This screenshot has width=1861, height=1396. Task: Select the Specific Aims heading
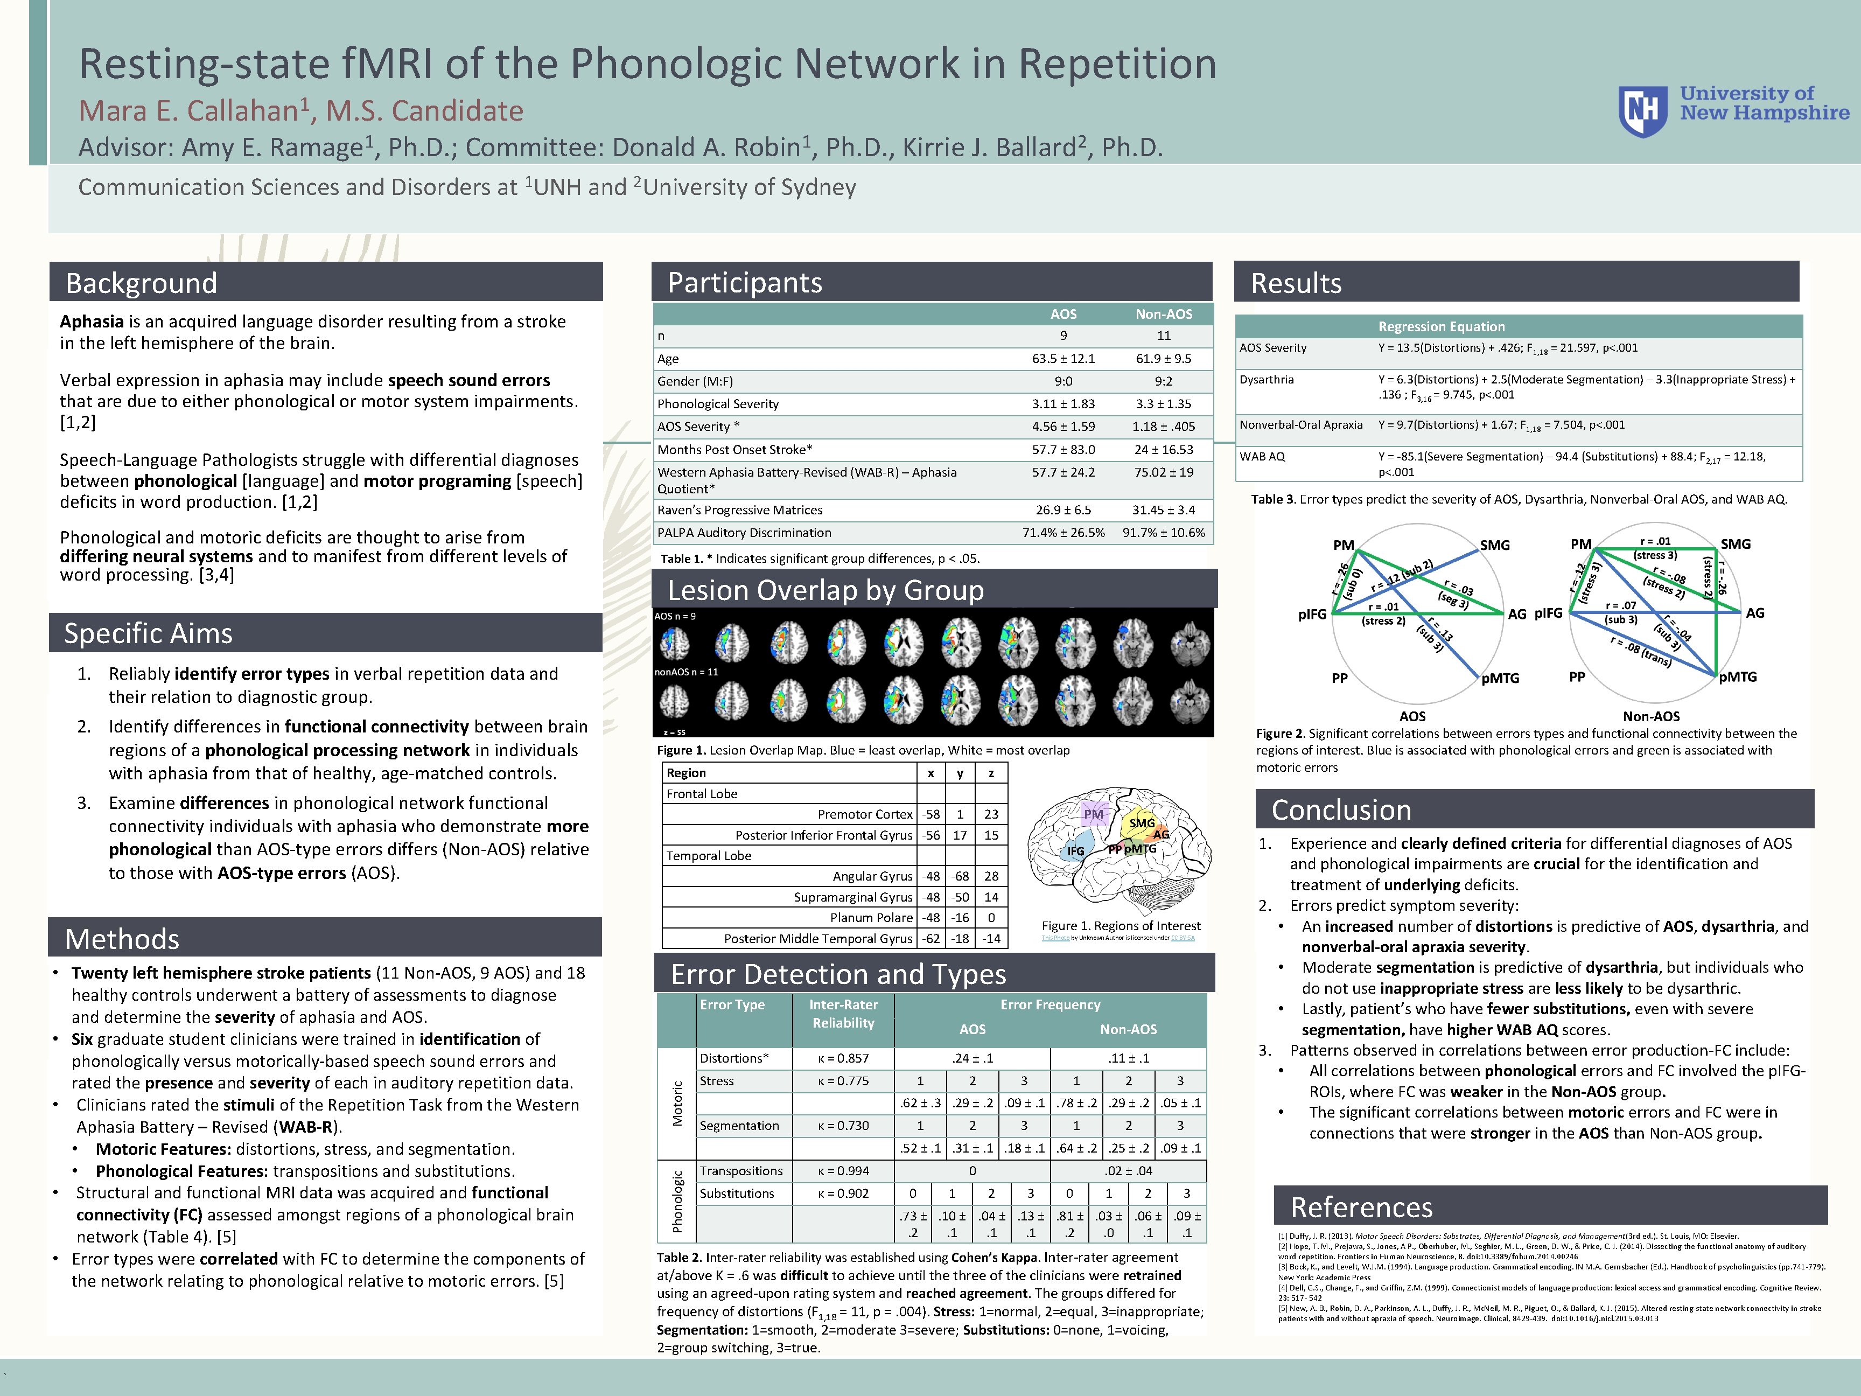point(148,633)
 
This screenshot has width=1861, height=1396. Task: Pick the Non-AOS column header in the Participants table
point(1164,314)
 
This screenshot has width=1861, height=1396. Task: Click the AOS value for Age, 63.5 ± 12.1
point(1064,359)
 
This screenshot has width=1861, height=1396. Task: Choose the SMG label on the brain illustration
point(1142,823)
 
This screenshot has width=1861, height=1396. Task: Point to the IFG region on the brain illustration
point(1075,851)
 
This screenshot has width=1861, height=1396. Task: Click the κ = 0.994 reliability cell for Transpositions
point(843,1170)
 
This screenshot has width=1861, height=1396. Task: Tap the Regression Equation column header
point(1441,326)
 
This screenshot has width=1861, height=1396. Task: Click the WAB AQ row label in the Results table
point(1262,456)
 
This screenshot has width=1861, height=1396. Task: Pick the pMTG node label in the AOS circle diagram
point(1500,678)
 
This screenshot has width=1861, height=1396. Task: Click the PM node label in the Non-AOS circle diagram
point(1581,545)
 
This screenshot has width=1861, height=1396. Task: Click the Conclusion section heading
point(1341,809)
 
